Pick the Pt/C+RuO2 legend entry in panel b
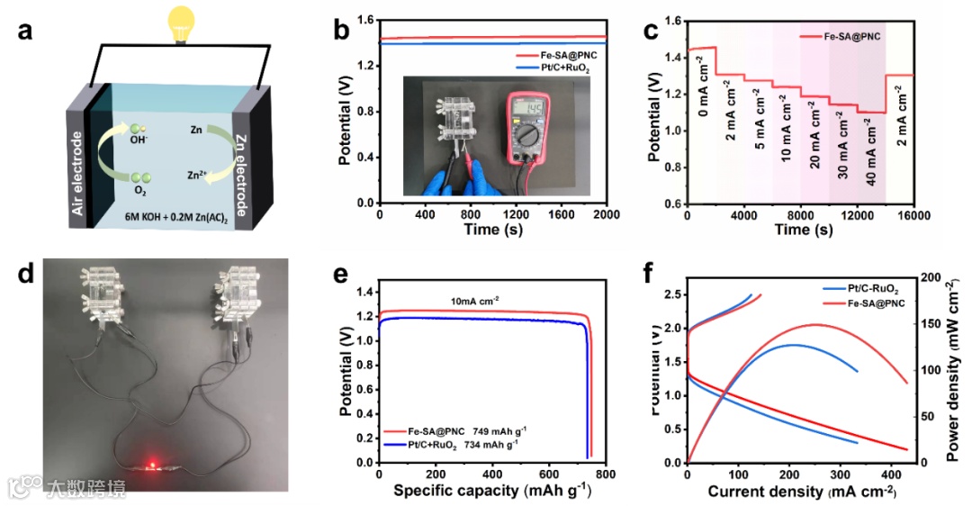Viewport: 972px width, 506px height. tap(559, 68)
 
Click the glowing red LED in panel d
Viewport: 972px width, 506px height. tap(153, 465)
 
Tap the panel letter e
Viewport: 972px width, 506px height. tap(341, 276)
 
